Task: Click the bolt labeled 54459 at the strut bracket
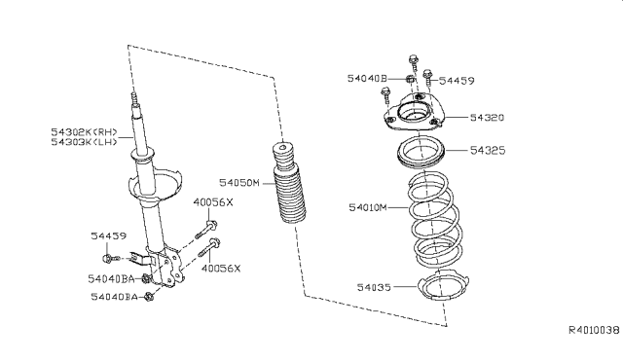(110, 258)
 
